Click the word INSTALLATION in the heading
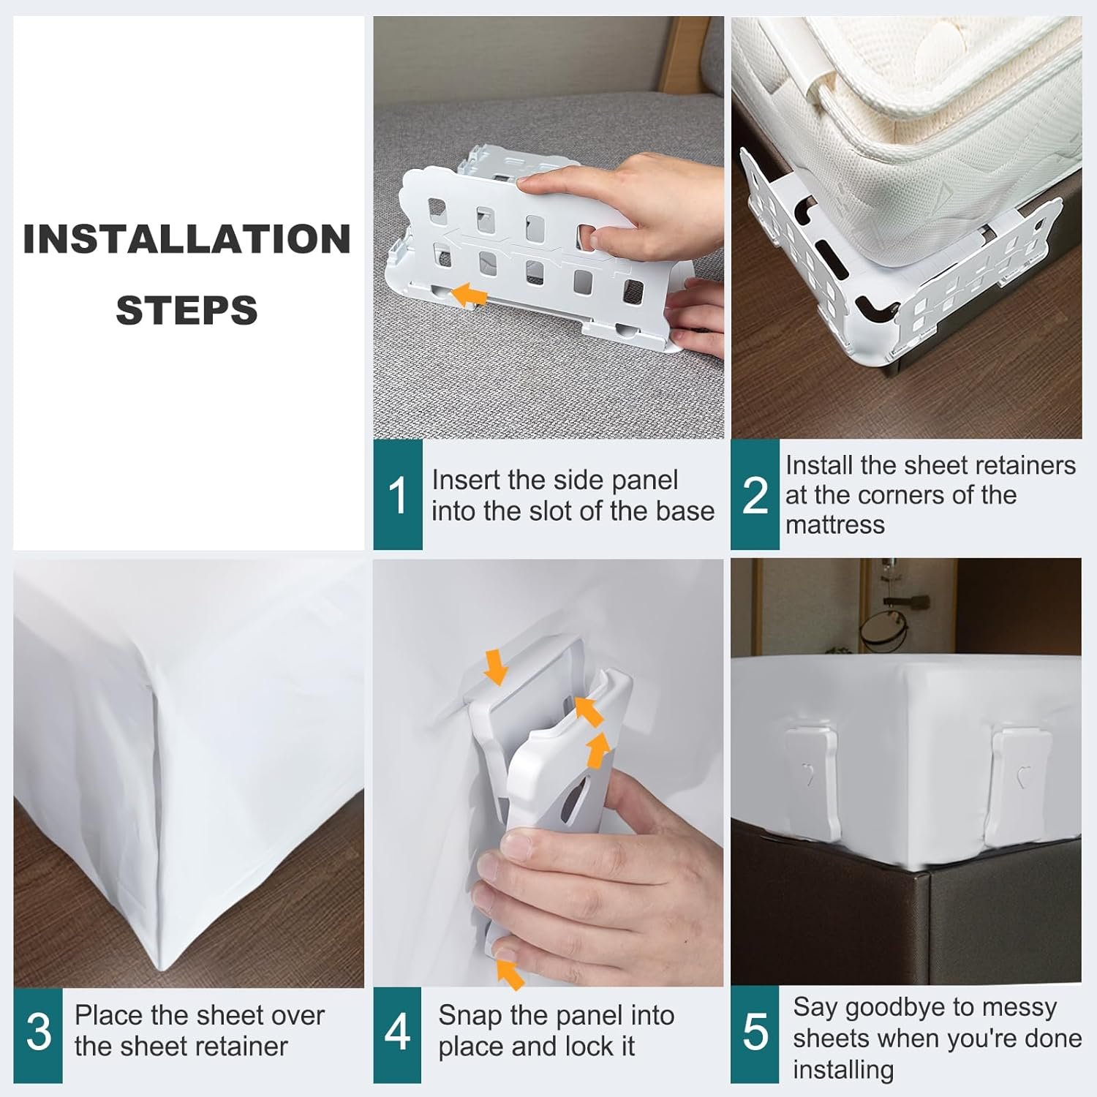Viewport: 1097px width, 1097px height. (x=187, y=239)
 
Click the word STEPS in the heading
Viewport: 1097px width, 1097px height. (x=187, y=310)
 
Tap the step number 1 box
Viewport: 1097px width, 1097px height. (x=398, y=494)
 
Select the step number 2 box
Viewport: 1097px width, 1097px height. (x=755, y=494)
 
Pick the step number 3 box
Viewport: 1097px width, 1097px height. (x=38, y=1035)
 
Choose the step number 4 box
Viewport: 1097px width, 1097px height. (x=397, y=1035)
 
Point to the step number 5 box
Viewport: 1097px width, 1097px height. (x=755, y=1035)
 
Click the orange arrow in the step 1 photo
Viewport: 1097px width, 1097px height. (x=468, y=295)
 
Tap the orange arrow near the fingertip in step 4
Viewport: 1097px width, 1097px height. (x=512, y=973)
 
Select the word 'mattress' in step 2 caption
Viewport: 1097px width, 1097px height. (x=835, y=525)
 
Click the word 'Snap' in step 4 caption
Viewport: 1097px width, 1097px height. (x=470, y=1017)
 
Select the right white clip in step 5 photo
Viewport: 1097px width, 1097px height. (x=1019, y=782)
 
